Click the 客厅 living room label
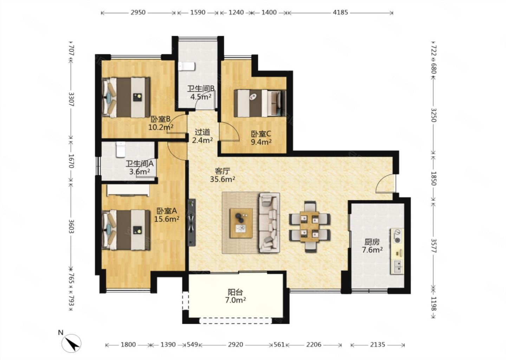click(222, 171)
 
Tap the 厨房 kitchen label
click(372, 242)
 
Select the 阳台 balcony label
click(235, 292)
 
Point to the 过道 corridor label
click(202, 132)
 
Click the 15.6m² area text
click(167, 219)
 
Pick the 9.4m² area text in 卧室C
click(261, 142)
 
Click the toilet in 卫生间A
click(121, 149)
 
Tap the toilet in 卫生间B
click(187, 66)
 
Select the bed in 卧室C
click(260, 103)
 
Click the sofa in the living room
click(269, 223)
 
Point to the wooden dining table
click(310, 227)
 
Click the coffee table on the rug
click(241, 223)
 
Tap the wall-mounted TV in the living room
click(192, 223)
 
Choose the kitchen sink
click(397, 267)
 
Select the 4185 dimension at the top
click(340, 12)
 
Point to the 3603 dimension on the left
click(71, 226)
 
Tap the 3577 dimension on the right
click(434, 246)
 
